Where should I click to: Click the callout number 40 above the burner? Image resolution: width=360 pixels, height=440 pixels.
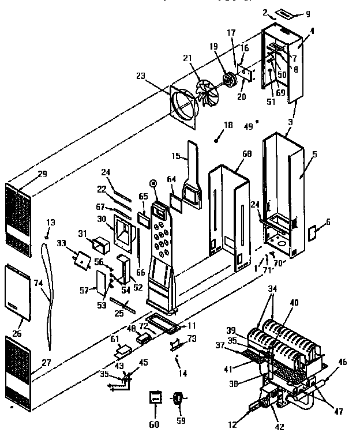click(x=294, y=302)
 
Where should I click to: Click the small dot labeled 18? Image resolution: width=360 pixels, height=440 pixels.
click(x=216, y=139)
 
